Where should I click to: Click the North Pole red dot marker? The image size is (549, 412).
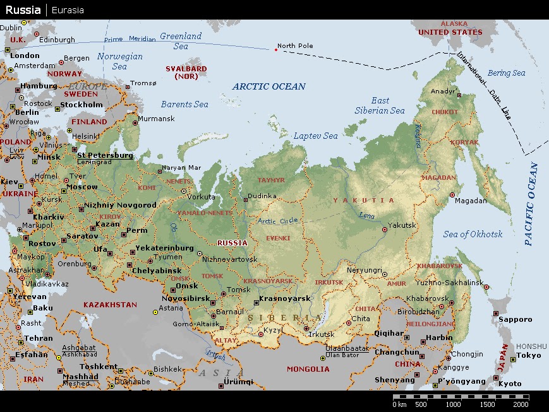pyautogui.click(x=275, y=49)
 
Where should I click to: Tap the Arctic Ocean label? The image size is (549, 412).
pyautogui.click(x=268, y=86)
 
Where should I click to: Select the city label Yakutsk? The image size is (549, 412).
pyautogui.click(x=402, y=225)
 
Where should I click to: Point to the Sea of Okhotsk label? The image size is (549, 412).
pyautogui.click(x=473, y=234)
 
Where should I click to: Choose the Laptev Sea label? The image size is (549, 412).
pyautogui.click(x=315, y=136)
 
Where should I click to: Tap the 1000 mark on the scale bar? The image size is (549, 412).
pyautogui.click(x=454, y=404)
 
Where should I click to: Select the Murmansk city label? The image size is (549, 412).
pyautogui.click(x=156, y=119)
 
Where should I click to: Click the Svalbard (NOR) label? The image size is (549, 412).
pyautogui.click(x=186, y=72)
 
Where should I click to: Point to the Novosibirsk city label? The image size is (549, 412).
pyautogui.click(x=187, y=298)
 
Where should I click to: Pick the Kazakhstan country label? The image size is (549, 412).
pyautogui.click(x=110, y=305)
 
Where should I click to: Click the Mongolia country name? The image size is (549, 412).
pyautogui.click(x=308, y=369)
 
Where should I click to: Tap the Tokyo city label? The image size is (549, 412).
pyautogui.click(x=528, y=355)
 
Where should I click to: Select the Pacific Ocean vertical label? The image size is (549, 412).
pyautogui.click(x=531, y=204)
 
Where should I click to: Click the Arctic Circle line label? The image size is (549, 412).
pyautogui.click(x=276, y=221)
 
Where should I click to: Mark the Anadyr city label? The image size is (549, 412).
pyautogui.click(x=443, y=91)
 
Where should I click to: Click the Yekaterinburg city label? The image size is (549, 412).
pyautogui.click(x=164, y=248)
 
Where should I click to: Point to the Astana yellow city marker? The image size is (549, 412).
pyautogui.click(x=155, y=312)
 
